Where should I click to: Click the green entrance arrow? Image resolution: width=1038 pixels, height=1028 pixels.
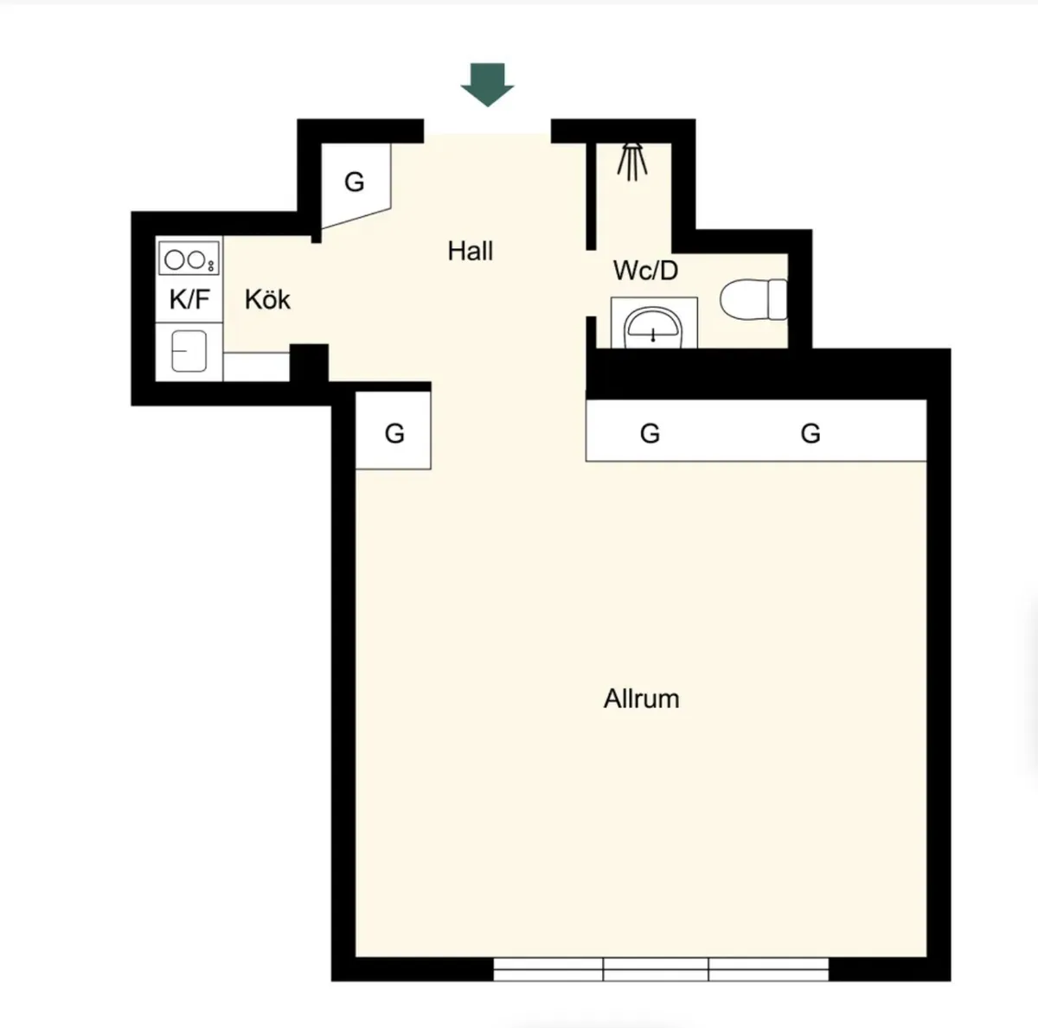click(488, 85)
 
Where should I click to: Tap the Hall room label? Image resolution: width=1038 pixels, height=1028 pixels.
click(471, 251)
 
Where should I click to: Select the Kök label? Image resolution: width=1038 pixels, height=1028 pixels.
click(267, 299)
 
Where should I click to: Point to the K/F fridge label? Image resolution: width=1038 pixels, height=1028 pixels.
click(189, 299)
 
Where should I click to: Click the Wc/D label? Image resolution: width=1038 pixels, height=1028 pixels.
click(645, 271)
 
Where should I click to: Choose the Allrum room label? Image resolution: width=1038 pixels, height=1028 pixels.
click(641, 699)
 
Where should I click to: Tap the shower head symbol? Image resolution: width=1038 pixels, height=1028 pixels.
click(631, 162)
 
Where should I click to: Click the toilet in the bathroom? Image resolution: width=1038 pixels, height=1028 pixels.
click(753, 299)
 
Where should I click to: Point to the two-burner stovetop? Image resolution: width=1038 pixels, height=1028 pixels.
click(189, 258)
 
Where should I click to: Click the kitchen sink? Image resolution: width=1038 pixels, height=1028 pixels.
click(189, 351)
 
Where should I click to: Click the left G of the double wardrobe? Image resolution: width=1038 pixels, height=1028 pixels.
click(650, 433)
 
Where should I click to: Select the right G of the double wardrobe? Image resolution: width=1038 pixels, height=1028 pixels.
click(811, 433)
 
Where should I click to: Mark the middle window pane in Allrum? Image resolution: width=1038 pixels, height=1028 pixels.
click(656, 968)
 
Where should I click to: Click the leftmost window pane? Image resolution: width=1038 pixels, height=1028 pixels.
click(548, 968)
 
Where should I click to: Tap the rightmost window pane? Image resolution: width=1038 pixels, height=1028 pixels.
click(769, 968)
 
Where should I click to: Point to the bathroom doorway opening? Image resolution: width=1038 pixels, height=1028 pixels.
click(591, 284)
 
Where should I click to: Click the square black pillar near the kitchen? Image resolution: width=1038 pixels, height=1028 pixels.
click(309, 363)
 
